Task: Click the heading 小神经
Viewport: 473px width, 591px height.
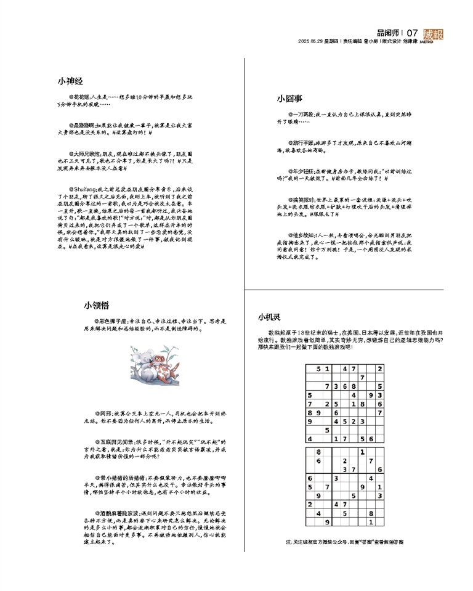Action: (x=70, y=81)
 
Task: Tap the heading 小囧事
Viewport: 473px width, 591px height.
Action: (x=289, y=98)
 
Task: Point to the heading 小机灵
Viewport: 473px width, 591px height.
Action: (x=269, y=317)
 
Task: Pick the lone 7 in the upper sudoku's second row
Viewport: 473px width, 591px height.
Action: (x=363, y=377)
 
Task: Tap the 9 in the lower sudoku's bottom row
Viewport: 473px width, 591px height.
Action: (x=327, y=521)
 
